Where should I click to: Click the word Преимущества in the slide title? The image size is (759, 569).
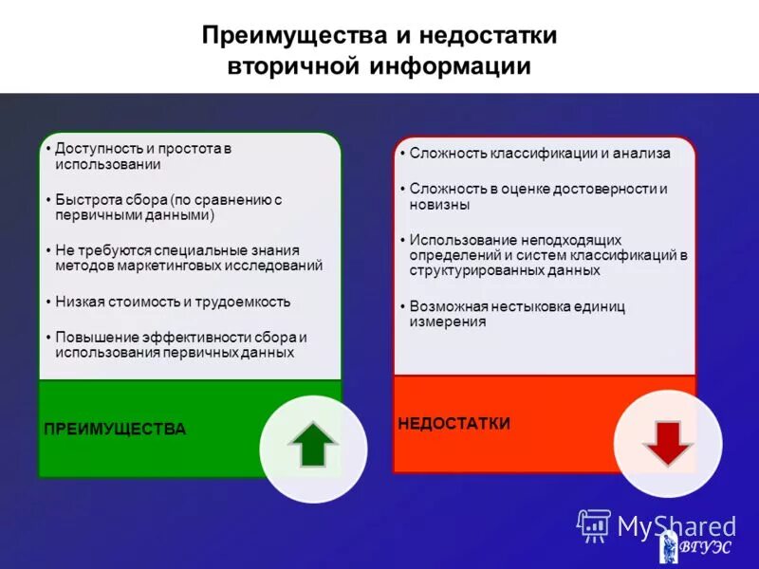click(290, 35)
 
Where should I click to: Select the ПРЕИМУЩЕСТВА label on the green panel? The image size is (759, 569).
click(115, 429)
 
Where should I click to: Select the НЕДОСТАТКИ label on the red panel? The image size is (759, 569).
click(454, 423)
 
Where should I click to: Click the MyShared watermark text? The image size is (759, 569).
click(676, 524)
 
